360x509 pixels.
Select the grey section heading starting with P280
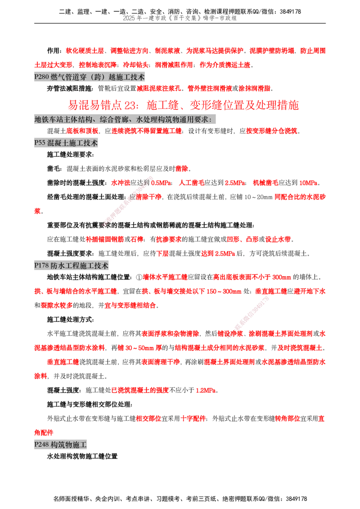90,77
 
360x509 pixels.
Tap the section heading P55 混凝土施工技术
66,143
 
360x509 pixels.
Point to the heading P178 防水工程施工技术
71,266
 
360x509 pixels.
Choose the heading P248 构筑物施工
60,444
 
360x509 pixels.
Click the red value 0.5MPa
162,183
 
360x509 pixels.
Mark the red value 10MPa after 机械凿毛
308,183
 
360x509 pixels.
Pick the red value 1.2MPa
206,390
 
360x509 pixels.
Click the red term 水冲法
121,183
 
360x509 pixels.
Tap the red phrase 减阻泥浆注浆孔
159,88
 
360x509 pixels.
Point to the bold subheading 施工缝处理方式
70,320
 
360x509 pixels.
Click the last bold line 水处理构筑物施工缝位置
82,456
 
